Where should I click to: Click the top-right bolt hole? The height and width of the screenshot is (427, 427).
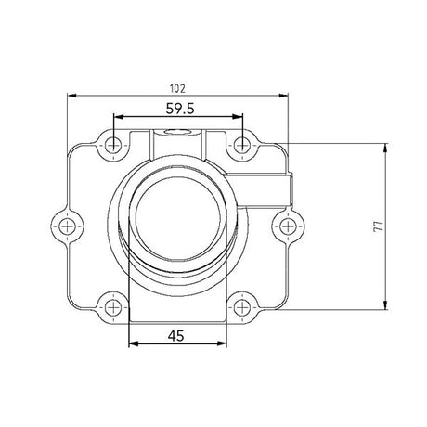[242, 144]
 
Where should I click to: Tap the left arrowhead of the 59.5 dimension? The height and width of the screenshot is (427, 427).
[117, 117]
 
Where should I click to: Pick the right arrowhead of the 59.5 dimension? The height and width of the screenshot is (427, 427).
[239, 117]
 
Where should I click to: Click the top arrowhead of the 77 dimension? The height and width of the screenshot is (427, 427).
[383, 148]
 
